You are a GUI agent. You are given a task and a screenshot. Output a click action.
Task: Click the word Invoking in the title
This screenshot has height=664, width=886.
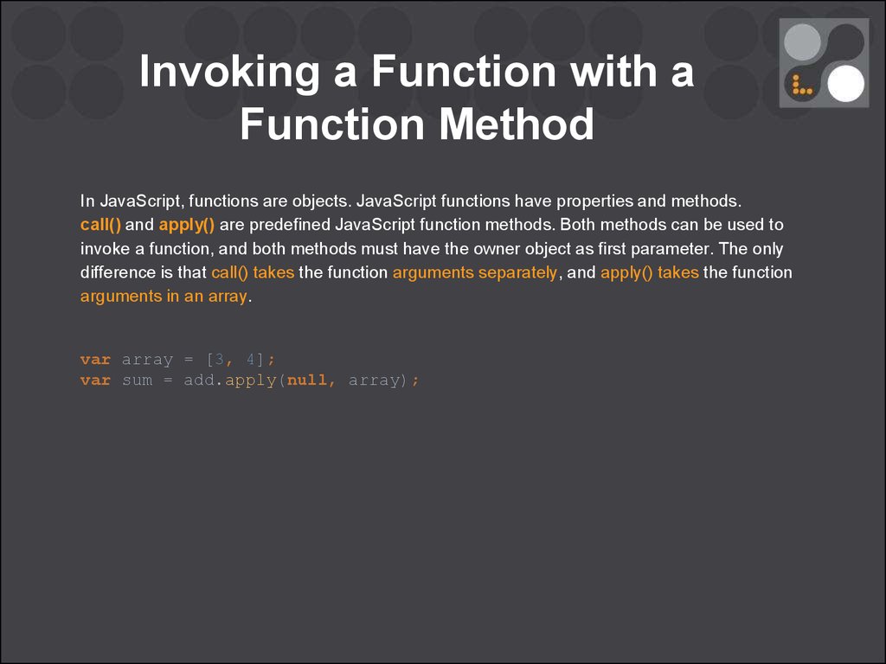point(229,72)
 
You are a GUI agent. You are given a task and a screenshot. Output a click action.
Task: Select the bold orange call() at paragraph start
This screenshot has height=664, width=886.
point(100,225)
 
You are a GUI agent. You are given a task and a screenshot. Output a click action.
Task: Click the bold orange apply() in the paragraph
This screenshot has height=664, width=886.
point(187,225)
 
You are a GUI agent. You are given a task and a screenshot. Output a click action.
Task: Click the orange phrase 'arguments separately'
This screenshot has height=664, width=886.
point(475,272)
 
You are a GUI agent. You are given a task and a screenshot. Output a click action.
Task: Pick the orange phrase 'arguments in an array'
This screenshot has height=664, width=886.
point(164,297)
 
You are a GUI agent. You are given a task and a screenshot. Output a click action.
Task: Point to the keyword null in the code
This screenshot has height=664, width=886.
point(307,380)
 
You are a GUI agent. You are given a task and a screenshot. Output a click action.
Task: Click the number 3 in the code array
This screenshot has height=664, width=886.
point(219,360)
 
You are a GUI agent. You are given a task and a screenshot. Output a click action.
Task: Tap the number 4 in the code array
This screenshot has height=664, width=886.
point(251,360)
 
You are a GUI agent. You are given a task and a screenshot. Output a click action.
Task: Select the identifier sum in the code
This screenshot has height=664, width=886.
point(138,380)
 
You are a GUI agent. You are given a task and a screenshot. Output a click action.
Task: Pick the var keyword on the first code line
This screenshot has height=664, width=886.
point(95,360)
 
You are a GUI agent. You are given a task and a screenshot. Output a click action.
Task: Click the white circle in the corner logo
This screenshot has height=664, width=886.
point(846,84)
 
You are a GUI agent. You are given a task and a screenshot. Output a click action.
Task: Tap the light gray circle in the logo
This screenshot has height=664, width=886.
point(802,42)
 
